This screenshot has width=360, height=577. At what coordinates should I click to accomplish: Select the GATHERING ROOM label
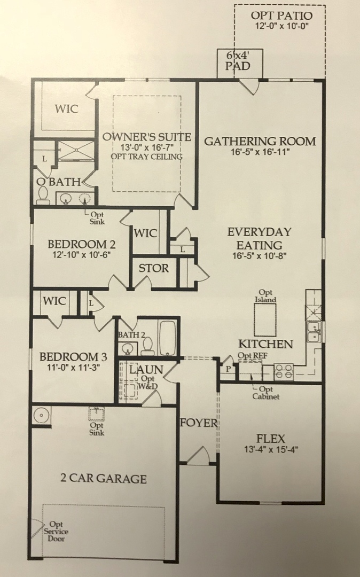260,142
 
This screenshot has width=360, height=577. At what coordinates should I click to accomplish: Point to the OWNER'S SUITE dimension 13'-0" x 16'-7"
146,147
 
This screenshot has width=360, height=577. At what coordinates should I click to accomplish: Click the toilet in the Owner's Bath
43,196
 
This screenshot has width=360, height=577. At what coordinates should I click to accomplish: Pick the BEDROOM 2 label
82,244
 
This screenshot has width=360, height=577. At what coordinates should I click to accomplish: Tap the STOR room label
154,268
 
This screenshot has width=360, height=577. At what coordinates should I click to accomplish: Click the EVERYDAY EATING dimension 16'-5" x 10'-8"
260,256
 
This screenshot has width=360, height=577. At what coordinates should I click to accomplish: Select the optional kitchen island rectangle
266,321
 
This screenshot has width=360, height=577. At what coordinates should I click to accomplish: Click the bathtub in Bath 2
167,339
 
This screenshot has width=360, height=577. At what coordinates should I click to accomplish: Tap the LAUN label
146,369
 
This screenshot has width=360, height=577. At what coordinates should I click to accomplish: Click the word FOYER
198,423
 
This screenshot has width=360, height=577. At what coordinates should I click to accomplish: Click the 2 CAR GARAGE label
104,478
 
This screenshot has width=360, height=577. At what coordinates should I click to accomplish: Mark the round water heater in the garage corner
41,415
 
